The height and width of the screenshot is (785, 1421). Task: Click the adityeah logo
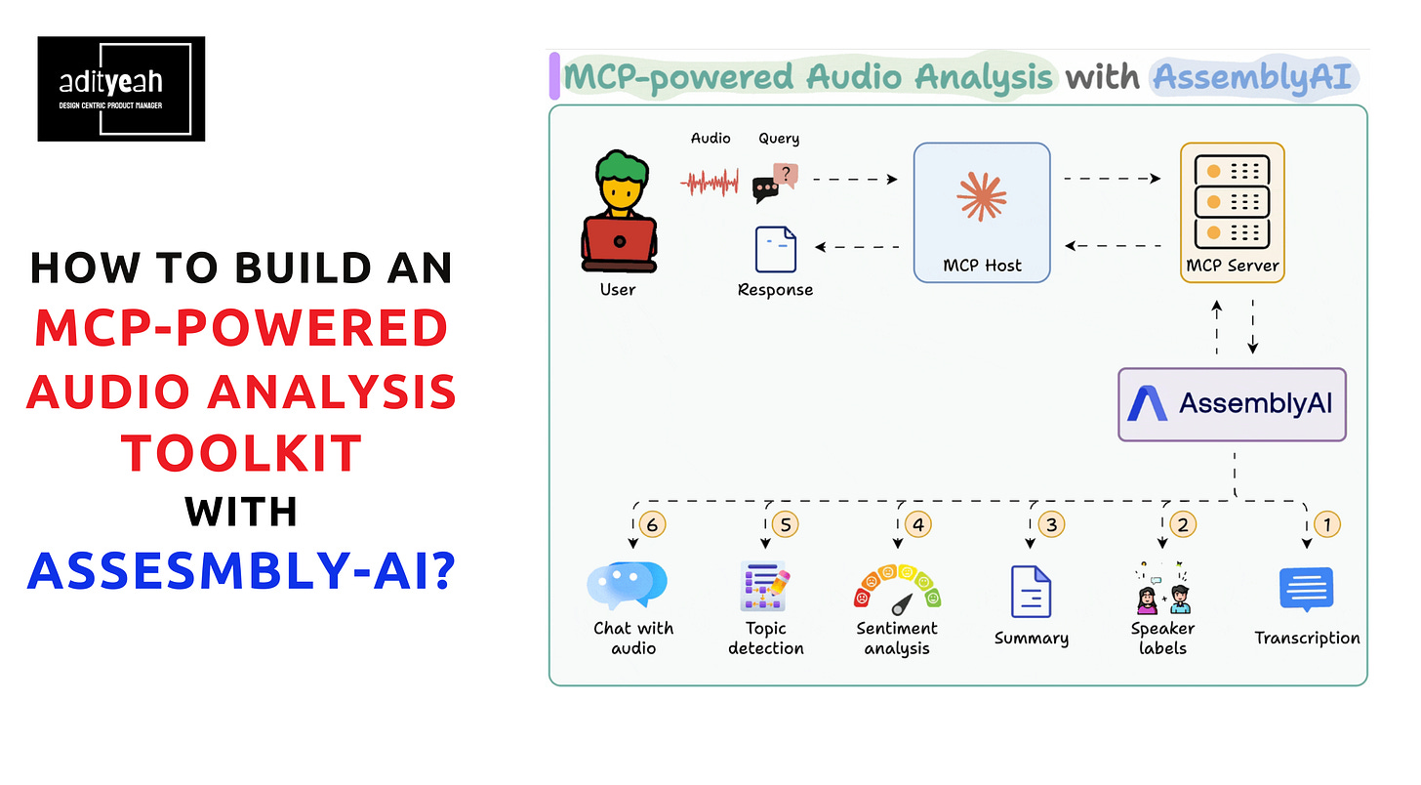click(121, 89)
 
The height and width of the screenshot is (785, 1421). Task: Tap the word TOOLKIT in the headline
click(242, 453)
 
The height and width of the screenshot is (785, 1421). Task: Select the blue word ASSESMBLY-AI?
click(242, 570)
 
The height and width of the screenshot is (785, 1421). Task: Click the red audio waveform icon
click(710, 183)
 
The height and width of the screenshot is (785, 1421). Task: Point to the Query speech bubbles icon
click(775, 183)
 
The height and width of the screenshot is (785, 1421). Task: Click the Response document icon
click(775, 249)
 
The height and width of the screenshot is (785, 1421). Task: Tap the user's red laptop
click(619, 244)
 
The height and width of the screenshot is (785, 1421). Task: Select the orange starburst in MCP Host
click(982, 196)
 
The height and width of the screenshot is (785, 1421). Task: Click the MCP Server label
click(1232, 266)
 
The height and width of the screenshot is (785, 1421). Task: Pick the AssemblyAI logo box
click(1232, 404)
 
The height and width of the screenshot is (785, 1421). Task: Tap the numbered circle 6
click(652, 525)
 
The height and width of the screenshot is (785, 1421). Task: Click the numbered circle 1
click(1327, 525)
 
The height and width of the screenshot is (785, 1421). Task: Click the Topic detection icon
click(765, 587)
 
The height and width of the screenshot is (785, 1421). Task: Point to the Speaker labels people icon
click(1162, 589)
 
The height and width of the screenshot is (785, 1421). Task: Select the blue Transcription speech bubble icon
click(1306, 589)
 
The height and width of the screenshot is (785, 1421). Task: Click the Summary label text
click(1031, 639)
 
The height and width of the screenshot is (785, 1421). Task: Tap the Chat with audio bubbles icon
click(627, 585)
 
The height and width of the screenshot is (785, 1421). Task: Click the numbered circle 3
click(1051, 525)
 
